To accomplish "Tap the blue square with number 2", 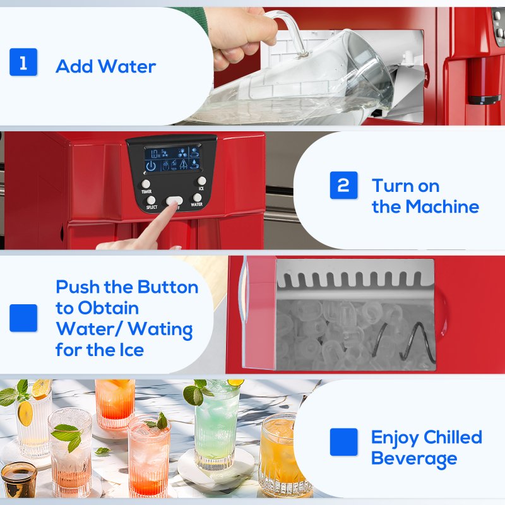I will click(x=343, y=185).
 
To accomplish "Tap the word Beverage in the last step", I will click(x=413, y=458).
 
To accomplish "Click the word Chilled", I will click(x=453, y=437).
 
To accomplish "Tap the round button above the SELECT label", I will click(x=151, y=200).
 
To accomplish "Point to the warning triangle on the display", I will click(x=182, y=166).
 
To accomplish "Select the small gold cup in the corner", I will click(x=18, y=480).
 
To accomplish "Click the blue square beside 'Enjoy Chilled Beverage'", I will click(x=343, y=443).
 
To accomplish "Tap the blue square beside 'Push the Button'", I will click(x=23, y=318).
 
